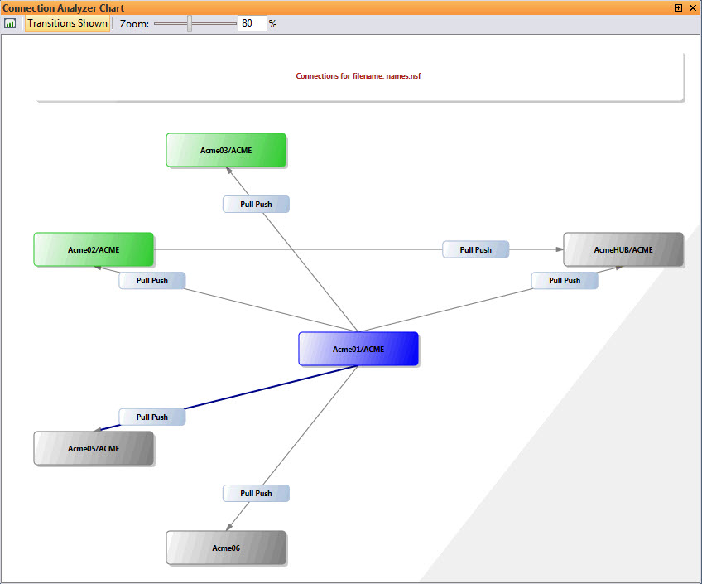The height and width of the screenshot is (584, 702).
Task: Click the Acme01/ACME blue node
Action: coord(358,349)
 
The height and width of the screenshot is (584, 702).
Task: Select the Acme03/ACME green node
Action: coord(226,150)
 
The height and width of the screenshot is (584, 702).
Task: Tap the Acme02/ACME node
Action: coord(94,249)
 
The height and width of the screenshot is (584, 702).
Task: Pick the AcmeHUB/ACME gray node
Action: coord(623,249)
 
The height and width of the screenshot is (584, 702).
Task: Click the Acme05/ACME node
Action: coord(94,448)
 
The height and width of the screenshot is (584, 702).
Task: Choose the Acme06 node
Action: coord(226,548)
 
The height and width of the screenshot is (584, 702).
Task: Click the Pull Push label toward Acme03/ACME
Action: coord(256,204)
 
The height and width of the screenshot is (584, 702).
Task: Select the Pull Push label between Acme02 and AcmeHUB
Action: coord(475,249)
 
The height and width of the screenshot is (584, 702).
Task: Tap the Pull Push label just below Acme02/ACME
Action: coord(151,280)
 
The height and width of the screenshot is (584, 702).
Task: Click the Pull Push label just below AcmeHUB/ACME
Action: coord(565,280)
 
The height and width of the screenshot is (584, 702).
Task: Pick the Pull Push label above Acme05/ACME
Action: coord(151,417)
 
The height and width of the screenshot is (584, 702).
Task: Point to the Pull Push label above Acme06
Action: coord(256,493)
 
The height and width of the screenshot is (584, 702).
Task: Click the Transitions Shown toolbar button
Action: coord(67,23)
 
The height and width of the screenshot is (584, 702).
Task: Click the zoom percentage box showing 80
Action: coord(252,23)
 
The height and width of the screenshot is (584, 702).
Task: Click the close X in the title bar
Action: coord(693,7)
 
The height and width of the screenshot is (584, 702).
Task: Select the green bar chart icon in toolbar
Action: coord(10,23)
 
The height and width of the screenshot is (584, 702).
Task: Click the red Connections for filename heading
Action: coord(359,76)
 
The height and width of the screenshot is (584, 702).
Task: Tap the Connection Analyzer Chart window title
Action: coord(64,7)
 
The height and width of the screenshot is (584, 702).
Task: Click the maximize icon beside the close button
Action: coord(679,7)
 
